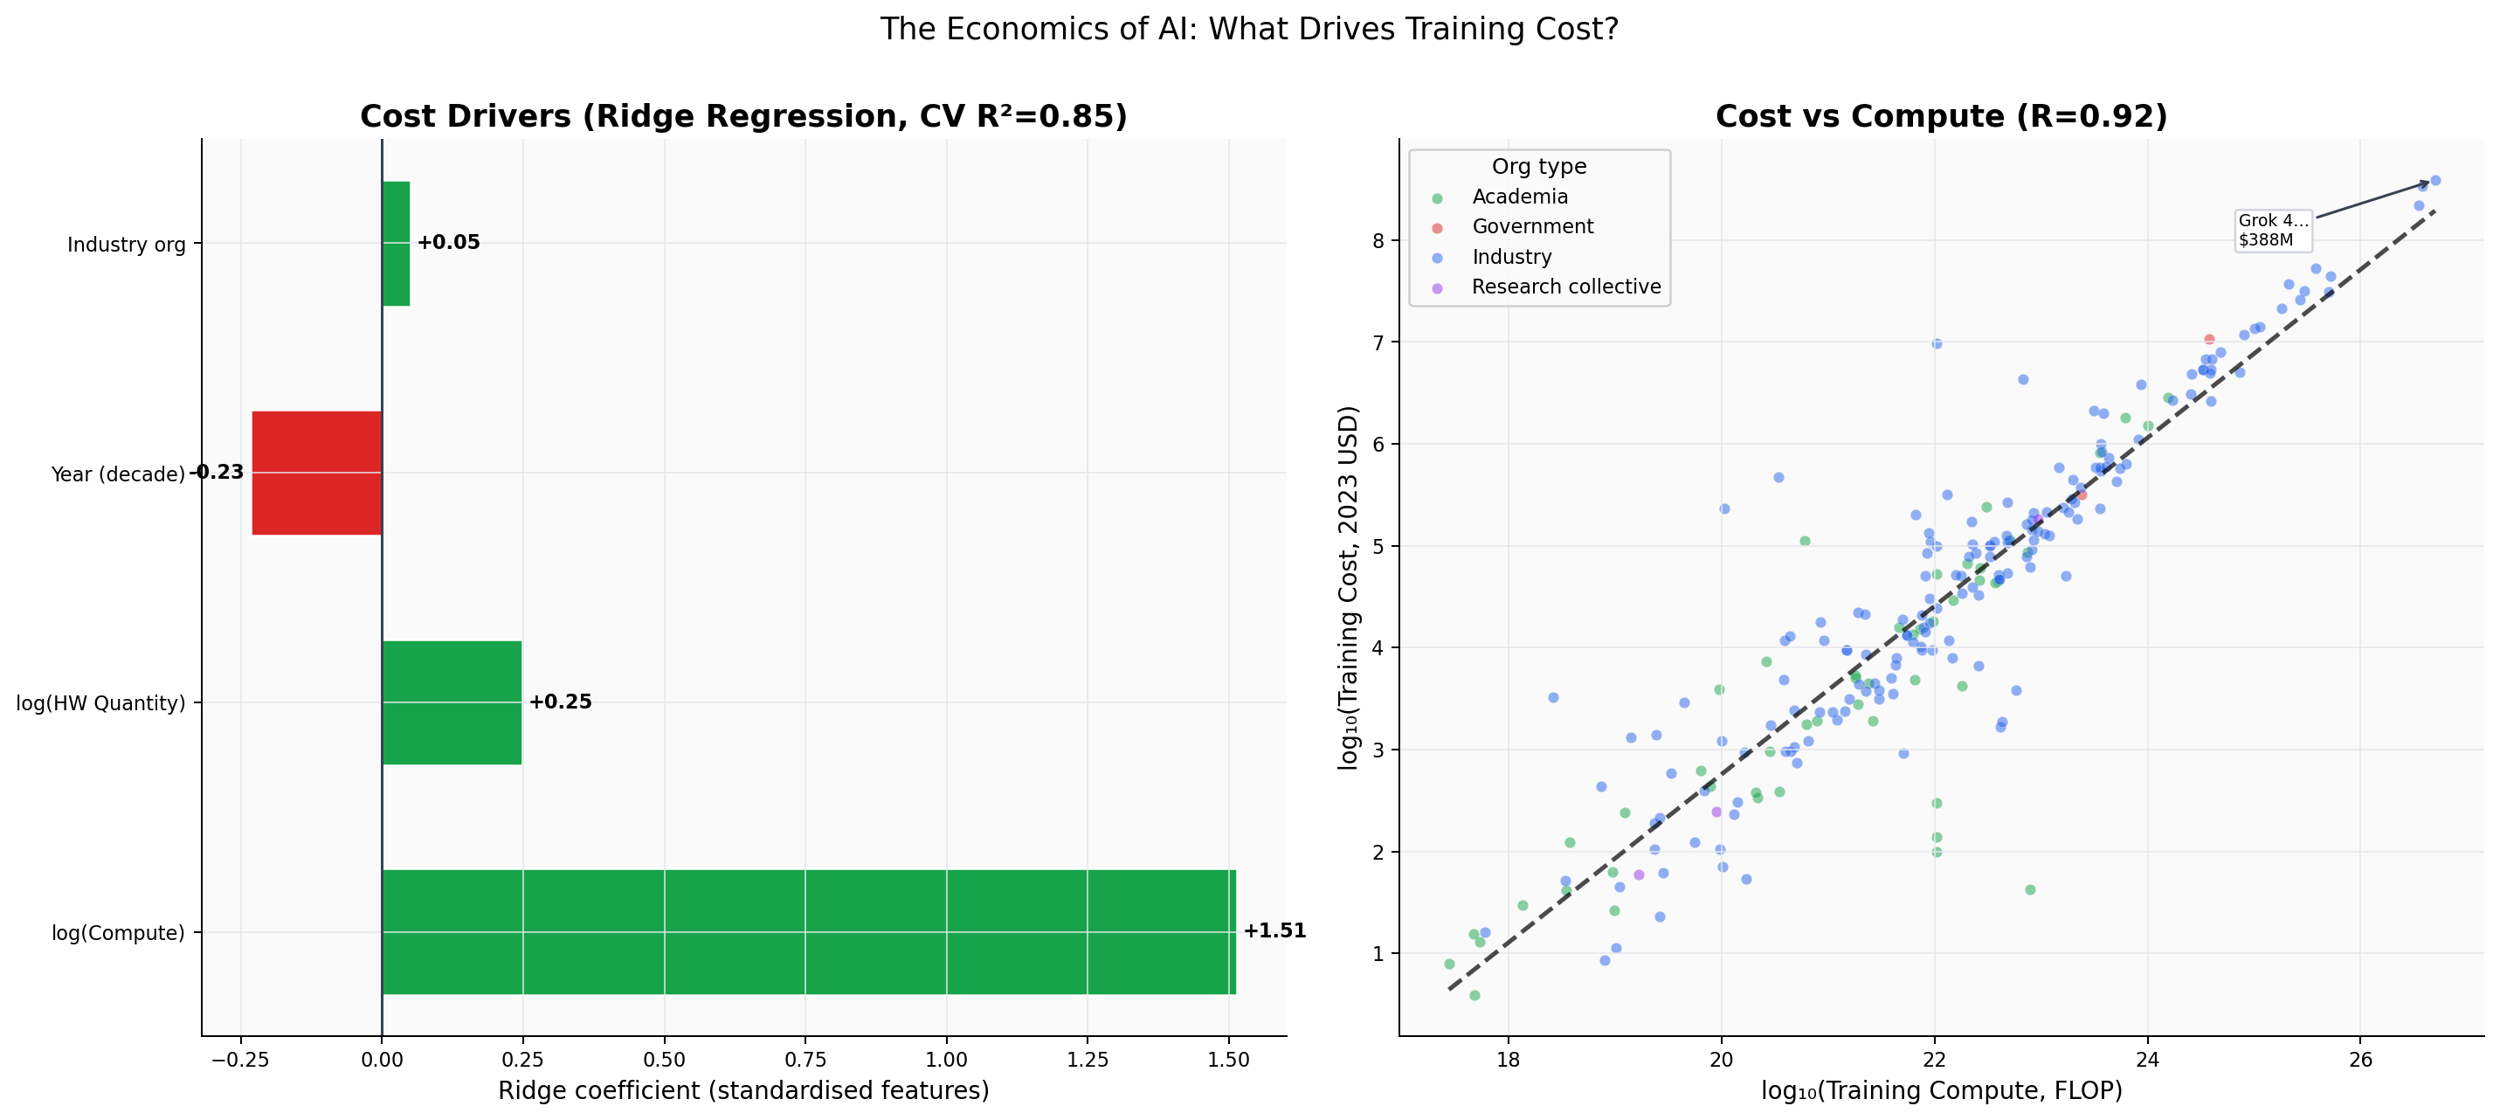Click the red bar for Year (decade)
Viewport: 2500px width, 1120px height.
click(x=316, y=473)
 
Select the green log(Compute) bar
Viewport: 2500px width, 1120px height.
click(x=807, y=931)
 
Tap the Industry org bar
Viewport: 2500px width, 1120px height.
click(x=396, y=244)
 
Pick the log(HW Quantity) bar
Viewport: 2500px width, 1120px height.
click(x=452, y=702)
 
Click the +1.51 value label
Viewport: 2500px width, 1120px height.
click(x=1274, y=930)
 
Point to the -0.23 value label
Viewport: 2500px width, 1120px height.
click(x=216, y=473)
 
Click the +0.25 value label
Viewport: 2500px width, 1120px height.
click(x=560, y=702)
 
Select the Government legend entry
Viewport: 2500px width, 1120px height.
click(x=1531, y=226)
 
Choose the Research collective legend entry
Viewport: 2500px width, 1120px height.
click(x=1564, y=287)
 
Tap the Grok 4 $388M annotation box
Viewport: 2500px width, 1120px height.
click(x=2272, y=230)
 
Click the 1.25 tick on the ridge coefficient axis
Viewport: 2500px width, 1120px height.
click(x=1087, y=1060)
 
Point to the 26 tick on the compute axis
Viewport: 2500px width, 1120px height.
click(x=2360, y=1060)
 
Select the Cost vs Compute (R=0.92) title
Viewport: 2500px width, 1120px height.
click(x=1940, y=116)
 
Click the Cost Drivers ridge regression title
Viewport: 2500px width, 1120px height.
click(x=743, y=116)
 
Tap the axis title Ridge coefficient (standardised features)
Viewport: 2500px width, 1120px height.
click(x=743, y=1091)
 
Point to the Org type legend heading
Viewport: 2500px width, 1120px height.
click(x=1538, y=166)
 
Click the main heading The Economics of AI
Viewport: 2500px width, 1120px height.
click(x=1249, y=29)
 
